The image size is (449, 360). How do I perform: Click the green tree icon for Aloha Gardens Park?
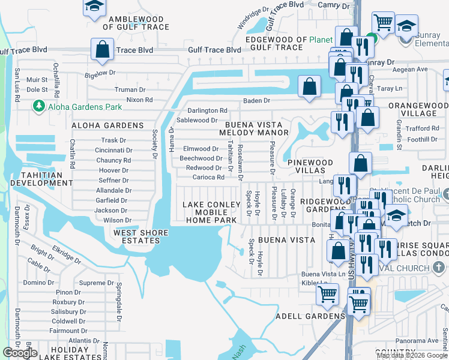39,106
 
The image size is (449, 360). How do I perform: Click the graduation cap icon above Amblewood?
94,7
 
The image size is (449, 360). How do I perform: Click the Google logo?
20,353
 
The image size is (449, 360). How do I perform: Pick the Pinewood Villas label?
310,167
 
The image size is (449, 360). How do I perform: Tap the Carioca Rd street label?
208,178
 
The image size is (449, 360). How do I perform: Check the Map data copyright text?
412,355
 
